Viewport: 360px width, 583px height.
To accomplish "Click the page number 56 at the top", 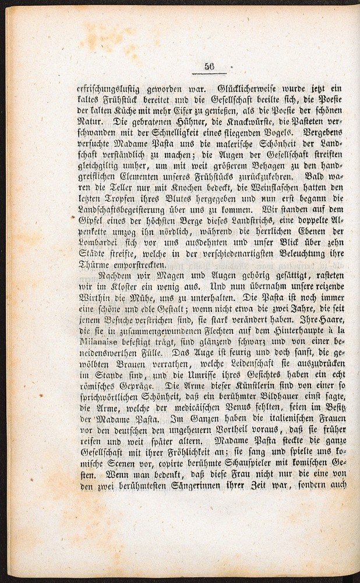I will pyautogui.click(x=210, y=66).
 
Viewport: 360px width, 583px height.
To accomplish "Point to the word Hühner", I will pyautogui.click(x=174, y=122).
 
